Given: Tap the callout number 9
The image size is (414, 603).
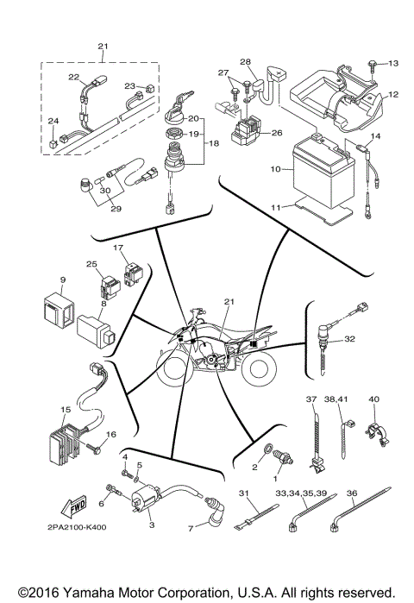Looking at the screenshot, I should pos(64,280).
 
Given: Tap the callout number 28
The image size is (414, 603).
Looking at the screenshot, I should pos(245,61).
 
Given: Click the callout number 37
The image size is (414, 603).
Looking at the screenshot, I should pos(311,399).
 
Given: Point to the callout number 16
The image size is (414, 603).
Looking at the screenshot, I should pos(110,434).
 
